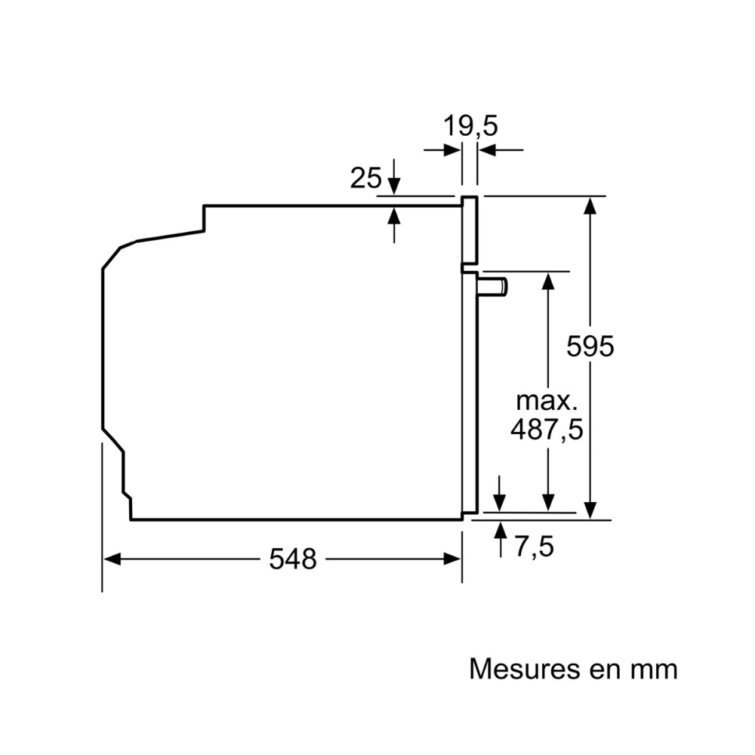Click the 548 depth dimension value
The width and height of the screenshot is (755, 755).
(293, 559)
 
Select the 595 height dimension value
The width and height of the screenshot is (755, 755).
(590, 346)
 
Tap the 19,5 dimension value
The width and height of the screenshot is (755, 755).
(470, 126)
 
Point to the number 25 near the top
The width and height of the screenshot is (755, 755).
(365, 177)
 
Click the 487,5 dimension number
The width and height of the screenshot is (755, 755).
(547, 429)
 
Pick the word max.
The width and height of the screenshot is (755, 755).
(547, 401)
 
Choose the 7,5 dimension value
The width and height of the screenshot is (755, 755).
(535, 547)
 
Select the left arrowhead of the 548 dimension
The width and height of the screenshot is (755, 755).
(112, 559)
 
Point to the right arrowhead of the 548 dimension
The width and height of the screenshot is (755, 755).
(452, 559)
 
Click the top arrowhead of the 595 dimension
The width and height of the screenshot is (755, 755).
(590, 205)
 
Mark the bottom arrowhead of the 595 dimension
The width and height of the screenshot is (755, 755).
(590, 510)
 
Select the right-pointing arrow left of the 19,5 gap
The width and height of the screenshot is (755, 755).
(442, 150)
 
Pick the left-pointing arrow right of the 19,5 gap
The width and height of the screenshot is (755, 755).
(501, 150)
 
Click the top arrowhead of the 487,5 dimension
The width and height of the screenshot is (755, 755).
(547, 281)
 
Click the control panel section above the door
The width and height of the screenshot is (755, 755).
(470, 230)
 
